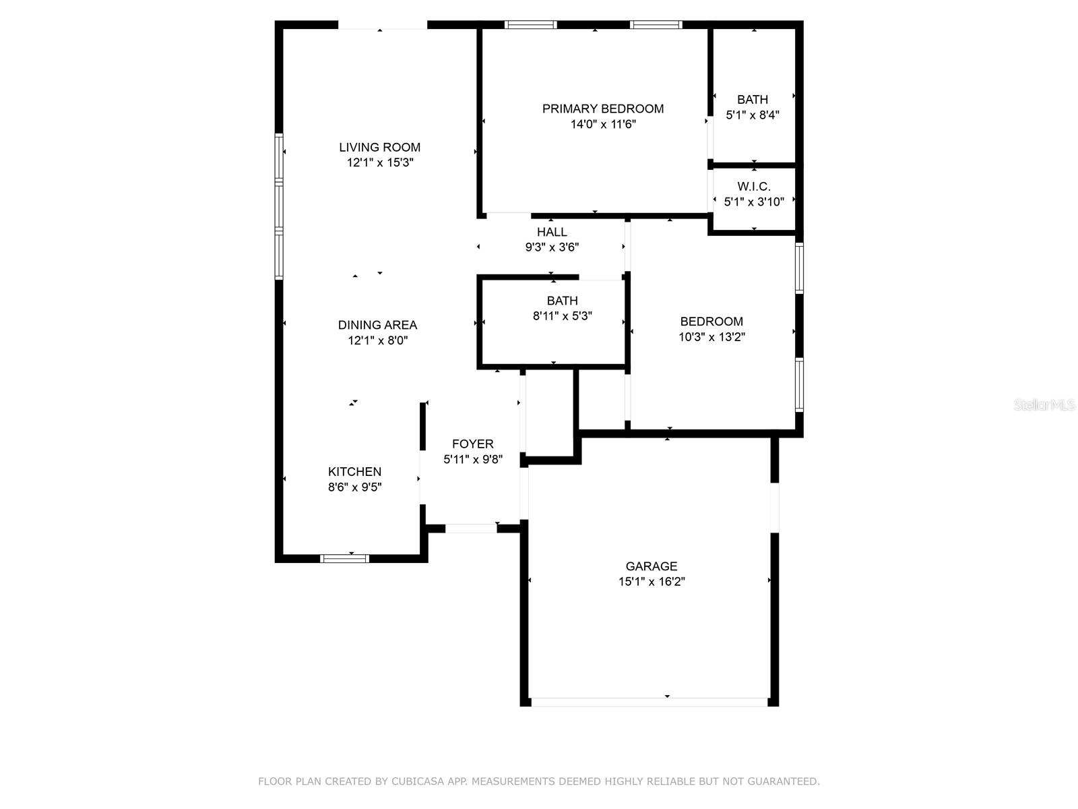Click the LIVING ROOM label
pos(379,147)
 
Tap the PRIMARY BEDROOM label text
pos(603,109)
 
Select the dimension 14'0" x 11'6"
pos(603,124)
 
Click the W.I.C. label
pos(753,186)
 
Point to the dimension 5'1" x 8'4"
pos(753,115)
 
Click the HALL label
pos(552,232)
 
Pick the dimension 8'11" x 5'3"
pos(562,316)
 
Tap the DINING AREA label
pos(377,325)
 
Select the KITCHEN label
pos(354,472)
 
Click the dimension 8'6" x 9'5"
pos(354,487)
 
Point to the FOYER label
pos(472,444)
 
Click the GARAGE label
pos(651,566)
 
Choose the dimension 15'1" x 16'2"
pos(651,581)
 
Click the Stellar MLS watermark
pos(1044,405)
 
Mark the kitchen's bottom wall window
pos(344,558)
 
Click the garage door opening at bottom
pos(649,702)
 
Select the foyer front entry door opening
pos(471,529)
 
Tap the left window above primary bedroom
pos(531,25)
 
